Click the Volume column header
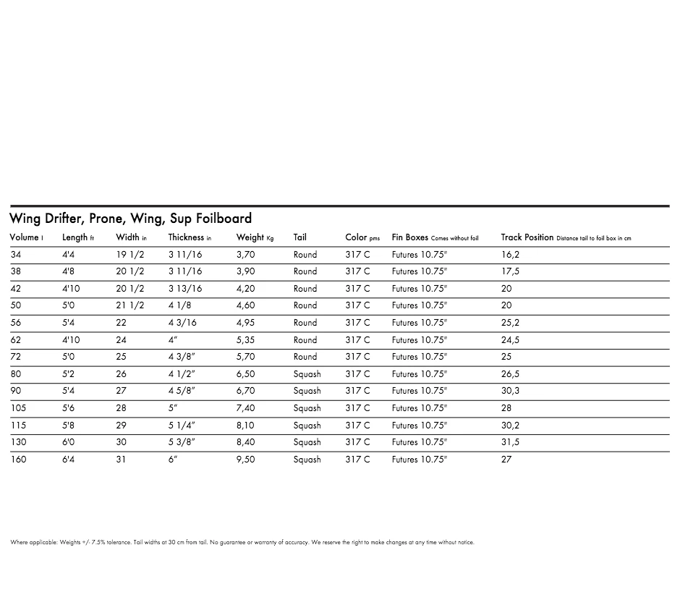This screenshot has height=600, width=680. tap(24, 237)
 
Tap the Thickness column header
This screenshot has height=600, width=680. tap(187, 237)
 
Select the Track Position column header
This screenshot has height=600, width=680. tap(527, 237)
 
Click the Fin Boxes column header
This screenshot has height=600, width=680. tap(410, 237)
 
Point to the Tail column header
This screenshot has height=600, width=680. tap(300, 237)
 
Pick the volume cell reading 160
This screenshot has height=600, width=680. tap(18, 460)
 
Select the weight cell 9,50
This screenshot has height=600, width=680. tap(245, 460)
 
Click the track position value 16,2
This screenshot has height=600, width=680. tap(510, 255)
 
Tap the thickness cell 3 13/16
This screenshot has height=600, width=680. tap(185, 289)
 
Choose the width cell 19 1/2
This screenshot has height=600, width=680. tap(130, 255)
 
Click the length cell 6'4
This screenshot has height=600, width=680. tap(68, 460)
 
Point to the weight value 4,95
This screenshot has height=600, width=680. tap(245, 323)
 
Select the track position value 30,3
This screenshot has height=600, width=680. tap(510, 391)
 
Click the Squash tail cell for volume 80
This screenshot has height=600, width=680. tap(307, 374)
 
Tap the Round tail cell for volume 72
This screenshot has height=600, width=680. tap(305, 357)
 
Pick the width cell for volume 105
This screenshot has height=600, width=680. tap(121, 408)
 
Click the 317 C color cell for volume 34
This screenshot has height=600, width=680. tap(357, 255)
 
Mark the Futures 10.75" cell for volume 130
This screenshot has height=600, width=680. tap(420, 442)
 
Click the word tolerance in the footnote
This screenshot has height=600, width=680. tap(119, 542)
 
